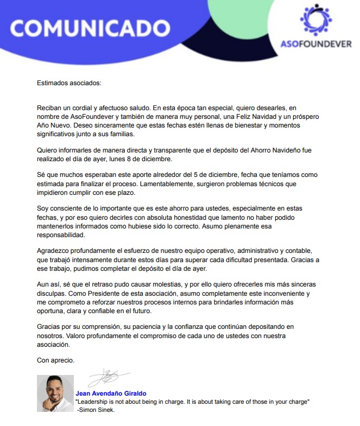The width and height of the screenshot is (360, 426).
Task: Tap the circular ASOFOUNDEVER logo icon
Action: (x=315, y=20)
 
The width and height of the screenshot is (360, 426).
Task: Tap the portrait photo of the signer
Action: (x=55, y=393)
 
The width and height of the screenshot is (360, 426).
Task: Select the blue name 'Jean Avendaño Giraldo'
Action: (x=111, y=393)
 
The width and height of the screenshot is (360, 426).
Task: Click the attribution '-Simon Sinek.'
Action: (x=96, y=410)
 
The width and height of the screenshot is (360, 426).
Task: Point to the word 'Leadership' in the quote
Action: (x=96, y=402)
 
